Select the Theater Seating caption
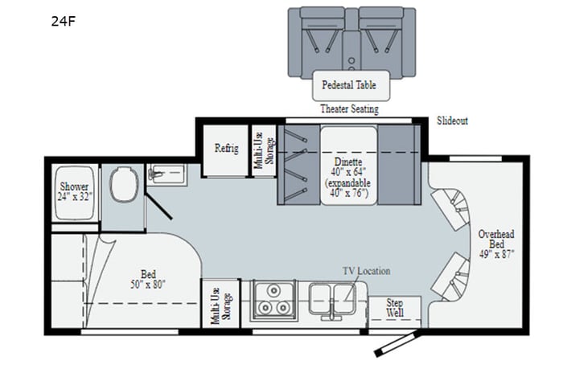349,109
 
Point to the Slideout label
452,121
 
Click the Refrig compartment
225,150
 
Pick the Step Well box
394,307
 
